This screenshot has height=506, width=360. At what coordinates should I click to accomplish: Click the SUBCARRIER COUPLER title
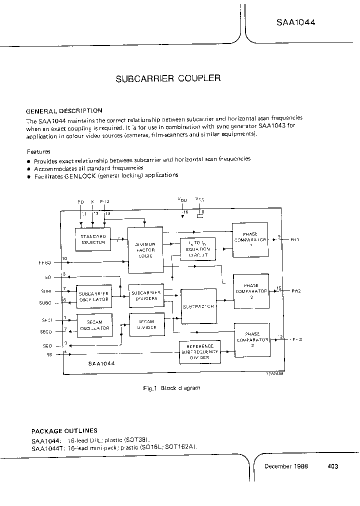168,78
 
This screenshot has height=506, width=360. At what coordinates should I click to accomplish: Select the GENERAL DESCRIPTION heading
64,111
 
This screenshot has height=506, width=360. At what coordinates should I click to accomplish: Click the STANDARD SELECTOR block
93,239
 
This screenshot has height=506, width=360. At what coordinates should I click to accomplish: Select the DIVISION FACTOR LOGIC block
145,250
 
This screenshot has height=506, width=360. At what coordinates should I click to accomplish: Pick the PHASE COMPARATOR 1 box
250,240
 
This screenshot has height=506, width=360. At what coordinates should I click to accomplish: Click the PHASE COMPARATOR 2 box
251,290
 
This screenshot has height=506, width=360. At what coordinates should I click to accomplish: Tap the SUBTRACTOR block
199,306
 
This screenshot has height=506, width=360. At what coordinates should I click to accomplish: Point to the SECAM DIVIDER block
146,324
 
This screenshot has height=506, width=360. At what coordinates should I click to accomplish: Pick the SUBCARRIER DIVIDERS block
146,295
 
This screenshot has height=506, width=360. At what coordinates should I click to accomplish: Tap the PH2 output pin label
295,290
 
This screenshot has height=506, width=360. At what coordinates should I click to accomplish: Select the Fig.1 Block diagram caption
171,388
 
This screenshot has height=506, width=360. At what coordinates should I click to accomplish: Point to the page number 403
333,466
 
